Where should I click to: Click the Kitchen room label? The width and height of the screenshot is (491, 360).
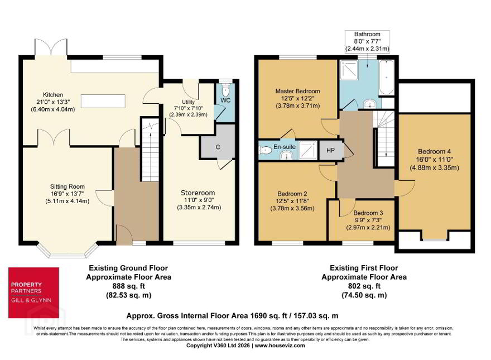pos(53,95)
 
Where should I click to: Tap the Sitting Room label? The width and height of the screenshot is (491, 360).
pos(68,186)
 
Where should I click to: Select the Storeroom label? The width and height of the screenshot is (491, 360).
pos(198,193)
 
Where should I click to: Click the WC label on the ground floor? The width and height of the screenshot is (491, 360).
pos(225,100)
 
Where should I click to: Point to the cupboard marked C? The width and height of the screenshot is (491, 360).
pos(218,147)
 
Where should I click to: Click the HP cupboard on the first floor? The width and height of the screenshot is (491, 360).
pos(330,150)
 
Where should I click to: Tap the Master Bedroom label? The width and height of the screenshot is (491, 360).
pos(297,91)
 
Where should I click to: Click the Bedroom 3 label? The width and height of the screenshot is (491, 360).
pos(368,213)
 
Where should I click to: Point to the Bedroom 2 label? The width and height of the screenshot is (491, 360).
pos(292,194)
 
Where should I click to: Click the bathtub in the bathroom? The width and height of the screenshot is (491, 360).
pos(386,77)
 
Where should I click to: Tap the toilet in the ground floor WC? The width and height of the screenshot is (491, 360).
pos(225,89)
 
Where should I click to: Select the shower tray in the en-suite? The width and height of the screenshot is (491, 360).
pos(307,150)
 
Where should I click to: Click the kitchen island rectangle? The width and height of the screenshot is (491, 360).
pos(103,101)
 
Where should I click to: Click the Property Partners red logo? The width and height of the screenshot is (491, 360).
pos(33,292)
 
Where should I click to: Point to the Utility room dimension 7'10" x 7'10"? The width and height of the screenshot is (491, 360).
pos(188,108)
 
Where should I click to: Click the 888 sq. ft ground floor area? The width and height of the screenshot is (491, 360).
pos(129,286)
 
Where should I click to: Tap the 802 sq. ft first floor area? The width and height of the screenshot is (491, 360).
pos(364,286)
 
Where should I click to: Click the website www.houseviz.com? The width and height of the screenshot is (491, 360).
pos(280,345)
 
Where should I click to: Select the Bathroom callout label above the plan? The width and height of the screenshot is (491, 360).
pos(367,34)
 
